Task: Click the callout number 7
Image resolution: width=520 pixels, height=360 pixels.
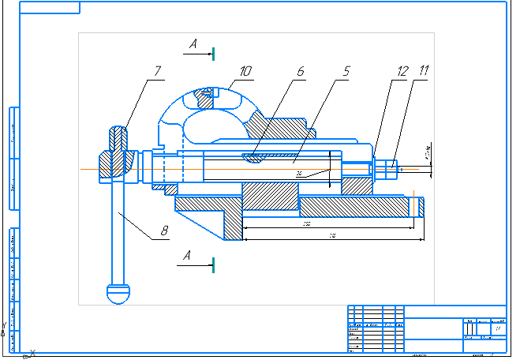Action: pos(157,71)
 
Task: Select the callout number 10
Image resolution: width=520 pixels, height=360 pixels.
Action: pos(246,71)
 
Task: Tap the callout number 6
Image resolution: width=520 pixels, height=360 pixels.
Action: pos(300,71)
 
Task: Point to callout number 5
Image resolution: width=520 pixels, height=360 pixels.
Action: pos(345,71)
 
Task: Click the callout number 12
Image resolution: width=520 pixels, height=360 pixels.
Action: pos(403,71)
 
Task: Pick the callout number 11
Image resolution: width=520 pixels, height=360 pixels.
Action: pos(424,71)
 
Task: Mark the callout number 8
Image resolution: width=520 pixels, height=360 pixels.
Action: pos(165,232)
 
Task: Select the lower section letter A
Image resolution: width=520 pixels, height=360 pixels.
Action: pos(186,255)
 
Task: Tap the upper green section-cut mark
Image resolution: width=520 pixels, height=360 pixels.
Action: pos(213,53)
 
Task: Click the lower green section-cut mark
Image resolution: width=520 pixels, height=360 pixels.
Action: pos(213,264)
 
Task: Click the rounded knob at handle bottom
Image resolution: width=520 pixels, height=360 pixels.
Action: pos(116,292)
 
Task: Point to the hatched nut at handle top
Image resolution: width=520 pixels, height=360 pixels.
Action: pos(116,139)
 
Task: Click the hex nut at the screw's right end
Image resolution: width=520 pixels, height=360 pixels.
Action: pos(387,168)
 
